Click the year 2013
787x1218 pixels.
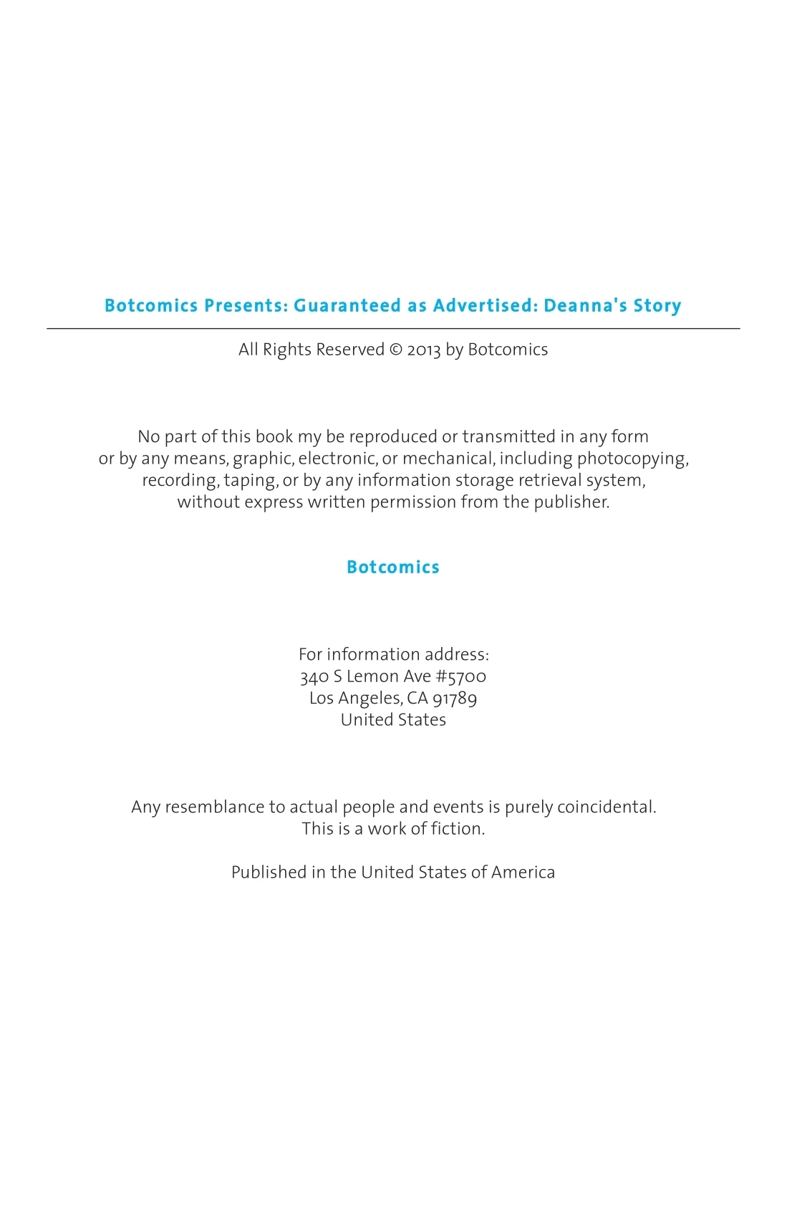[424, 350]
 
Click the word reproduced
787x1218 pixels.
[392, 436]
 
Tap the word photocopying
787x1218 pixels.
[632, 459]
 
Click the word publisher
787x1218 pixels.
[571, 502]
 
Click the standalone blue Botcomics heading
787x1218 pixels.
[393, 567]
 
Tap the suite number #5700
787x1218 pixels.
[461, 676]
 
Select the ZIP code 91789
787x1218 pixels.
[455, 698]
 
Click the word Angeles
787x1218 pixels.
[370, 698]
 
